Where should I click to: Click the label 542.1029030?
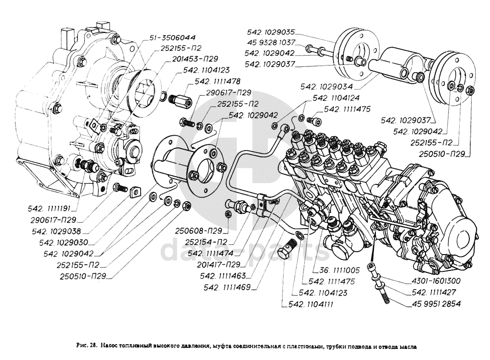click(69, 243)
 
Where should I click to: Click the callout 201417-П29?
click(219, 264)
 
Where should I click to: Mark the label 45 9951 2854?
click(436, 304)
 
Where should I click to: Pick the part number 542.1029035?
click(270, 32)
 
